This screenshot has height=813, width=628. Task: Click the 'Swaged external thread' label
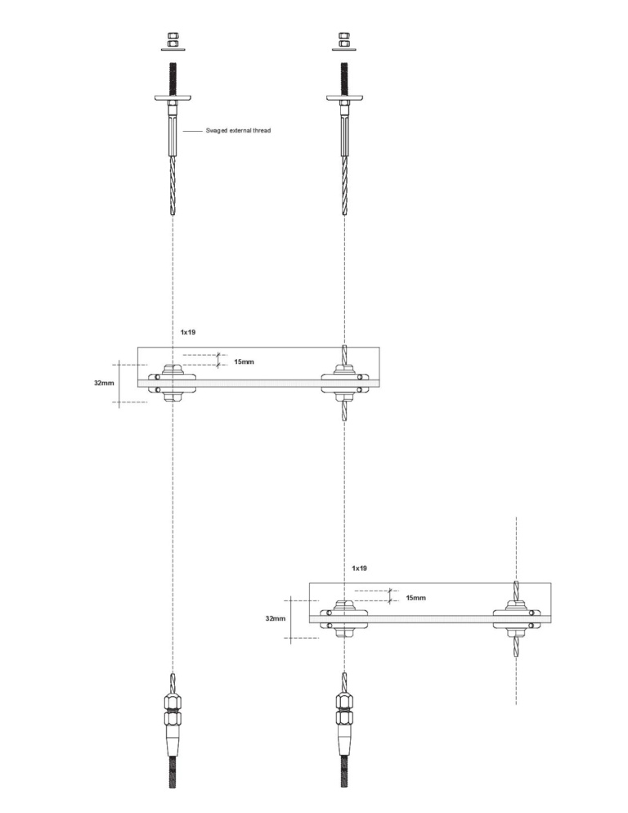click(x=238, y=130)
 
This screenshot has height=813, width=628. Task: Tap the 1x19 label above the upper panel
click(x=188, y=332)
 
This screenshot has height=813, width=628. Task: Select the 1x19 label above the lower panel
click(x=359, y=568)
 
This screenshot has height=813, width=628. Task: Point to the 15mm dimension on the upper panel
click(x=244, y=362)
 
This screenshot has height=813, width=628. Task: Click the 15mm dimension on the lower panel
click(x=415, y=598)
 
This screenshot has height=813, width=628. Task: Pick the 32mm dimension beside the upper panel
click(x=104, y=383)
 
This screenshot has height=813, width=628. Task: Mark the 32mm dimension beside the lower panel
click(x=276, y=618)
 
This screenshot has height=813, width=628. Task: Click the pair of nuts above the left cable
click(x=173, y=40)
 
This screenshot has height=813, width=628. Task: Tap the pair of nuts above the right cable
click(x=343, y=40)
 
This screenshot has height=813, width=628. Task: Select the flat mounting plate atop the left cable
click(x=173, y=97)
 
